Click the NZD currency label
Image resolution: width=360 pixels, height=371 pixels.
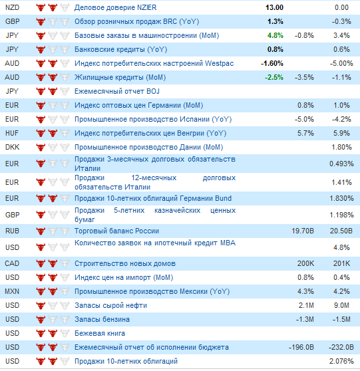[x=12, y=7]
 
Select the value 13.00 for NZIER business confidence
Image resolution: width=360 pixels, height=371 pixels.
[x=274, y=7]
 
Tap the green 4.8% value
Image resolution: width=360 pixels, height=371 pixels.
[x=275, y=35]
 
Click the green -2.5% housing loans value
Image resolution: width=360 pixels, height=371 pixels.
[x=274, y=77]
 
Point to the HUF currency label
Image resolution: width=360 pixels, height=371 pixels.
[x=12, y=133]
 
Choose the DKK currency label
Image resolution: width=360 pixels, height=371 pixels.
[x=12, y=147]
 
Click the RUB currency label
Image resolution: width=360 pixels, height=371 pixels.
[x=12, y=231]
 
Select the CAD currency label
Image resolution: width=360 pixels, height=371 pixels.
[x=12, y=263]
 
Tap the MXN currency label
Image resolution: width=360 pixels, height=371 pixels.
[x=12, y=291]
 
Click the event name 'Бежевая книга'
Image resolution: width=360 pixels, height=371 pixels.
[x=100, y=333]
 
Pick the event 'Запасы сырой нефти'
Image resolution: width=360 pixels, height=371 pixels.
[x=111, y=305]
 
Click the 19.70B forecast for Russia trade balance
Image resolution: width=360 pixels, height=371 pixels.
[x=303, y=231]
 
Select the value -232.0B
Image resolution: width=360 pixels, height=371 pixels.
[x=341, y=347]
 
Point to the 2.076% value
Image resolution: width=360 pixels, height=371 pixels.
[x=341, y=361]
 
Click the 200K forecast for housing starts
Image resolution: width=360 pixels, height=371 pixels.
[x=305, y=263]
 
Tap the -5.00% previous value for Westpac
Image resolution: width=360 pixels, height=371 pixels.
[x=341, y=63]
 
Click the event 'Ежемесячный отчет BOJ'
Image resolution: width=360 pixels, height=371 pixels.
[x=117, y=91]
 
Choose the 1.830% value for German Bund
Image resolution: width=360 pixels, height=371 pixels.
[x=341, y=198]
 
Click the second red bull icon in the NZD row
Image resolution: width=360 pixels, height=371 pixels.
[x=53, y=7]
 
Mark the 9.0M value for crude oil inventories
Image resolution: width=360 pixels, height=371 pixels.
[x=341, y=305]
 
